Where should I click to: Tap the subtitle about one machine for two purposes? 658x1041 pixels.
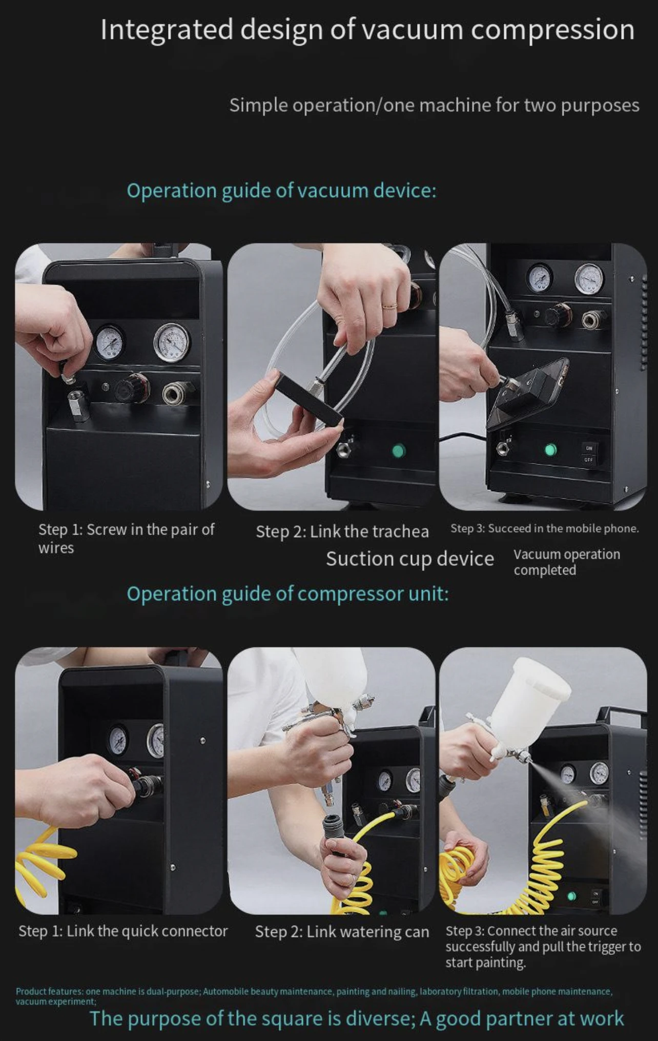click(434, 105)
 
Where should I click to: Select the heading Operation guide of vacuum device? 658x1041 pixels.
click(281, 191)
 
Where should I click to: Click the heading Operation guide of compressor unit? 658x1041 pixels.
click(287, 594)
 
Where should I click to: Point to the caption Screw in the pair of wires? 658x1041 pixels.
click(126, 538)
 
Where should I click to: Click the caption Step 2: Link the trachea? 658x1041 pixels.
click(342, 532)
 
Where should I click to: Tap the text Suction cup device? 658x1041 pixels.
click(410, 559)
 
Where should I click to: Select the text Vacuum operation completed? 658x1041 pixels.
click(567, 562)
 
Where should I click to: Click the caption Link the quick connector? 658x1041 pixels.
click(123, 931)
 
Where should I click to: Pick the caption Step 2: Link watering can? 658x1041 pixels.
click(342, 932)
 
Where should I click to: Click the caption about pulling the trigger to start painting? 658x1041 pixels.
click(543, 947)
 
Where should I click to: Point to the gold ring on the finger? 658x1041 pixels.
click(389, 306)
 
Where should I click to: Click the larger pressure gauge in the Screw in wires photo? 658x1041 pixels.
click(172, 342)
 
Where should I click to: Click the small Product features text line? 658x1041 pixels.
click(314, 996)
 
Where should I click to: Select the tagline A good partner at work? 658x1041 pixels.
click(522, 1018)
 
